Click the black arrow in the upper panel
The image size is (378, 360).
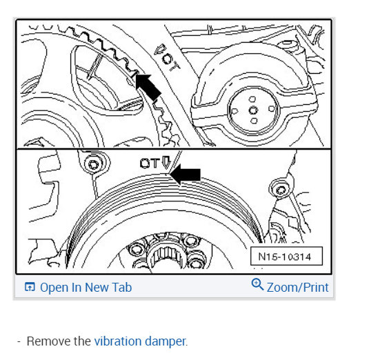(x=148, y=87)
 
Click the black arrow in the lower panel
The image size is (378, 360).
(x=185, y=174)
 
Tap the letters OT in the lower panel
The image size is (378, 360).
(x=150, y=163)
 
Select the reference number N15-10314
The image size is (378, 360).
(x=284, y=257)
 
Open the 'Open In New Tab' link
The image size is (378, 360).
(x=86, y=287)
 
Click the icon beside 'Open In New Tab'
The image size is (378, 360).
(x=30, y=287)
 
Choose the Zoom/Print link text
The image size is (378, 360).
(x=297, y=287)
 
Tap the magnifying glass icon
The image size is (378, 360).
(x=257, y=284)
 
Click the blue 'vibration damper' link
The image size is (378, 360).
(x=140, y=341)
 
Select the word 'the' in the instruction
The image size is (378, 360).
(x=83, y=341)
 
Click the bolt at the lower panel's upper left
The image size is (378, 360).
(x=94, y=164)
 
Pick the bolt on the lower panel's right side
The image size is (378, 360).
(x=281, y=190)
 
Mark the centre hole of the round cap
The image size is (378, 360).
(x=253, y=110)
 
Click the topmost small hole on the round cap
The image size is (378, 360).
(x=252, y=99)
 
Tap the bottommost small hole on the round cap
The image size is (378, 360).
(x=254, y=121)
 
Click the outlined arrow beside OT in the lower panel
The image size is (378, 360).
(x=166, y=162)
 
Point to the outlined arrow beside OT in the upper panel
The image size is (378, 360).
(x=159, y=50)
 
